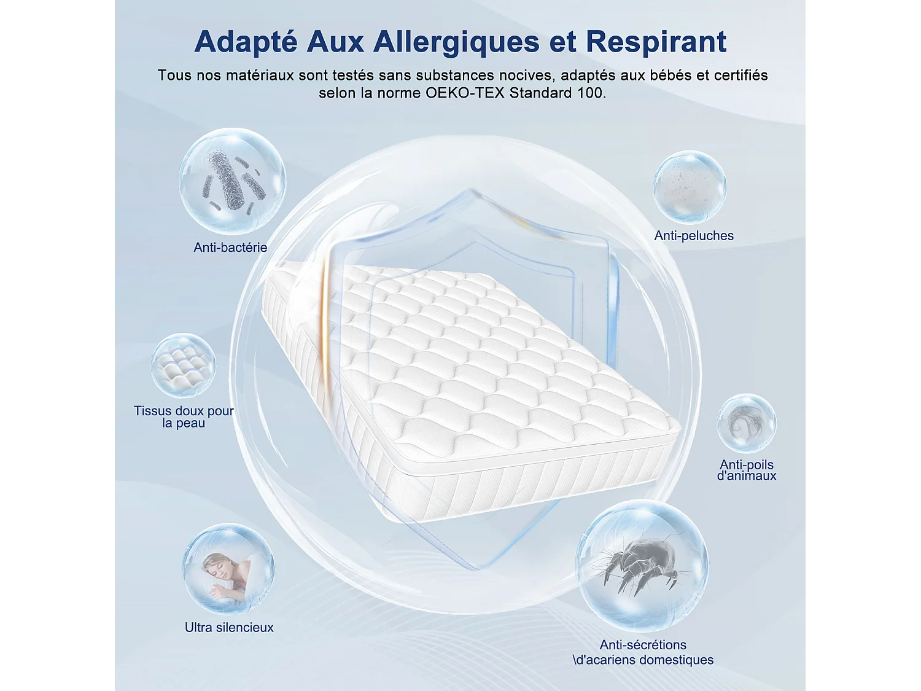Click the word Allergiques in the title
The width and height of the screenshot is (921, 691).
tap(456, 42)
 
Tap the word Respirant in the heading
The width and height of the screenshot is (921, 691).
tap(656, 42)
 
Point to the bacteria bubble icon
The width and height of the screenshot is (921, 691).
tap(232, 181)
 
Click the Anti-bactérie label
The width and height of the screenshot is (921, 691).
tap(230, 248)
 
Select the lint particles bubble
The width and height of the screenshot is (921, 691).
tap(690, 187)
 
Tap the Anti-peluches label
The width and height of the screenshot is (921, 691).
tap(694, 236)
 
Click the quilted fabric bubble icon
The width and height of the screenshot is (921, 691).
tap(183, 365)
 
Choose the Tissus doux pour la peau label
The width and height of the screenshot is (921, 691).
tap(184, 417)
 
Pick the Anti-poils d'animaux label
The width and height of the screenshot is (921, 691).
tap(747, 470)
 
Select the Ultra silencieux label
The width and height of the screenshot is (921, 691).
tap(229, 628)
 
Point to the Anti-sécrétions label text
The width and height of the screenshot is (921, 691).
tap(643, 645)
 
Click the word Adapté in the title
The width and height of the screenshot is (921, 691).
tap(246, 42)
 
